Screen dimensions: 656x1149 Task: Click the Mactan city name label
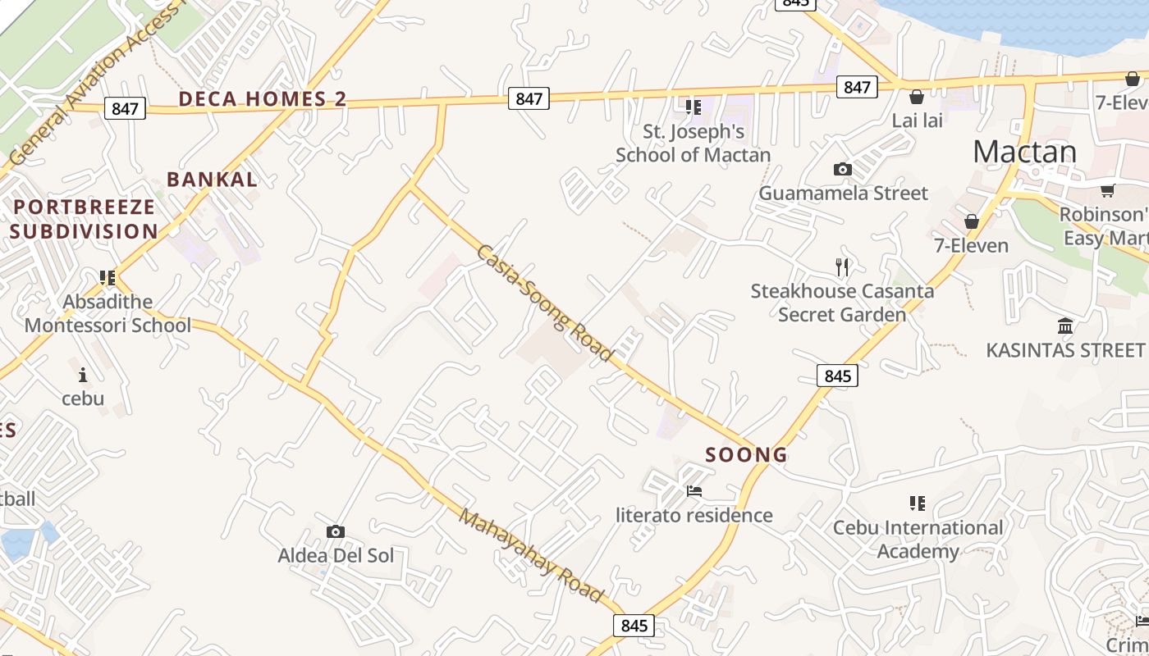click(1024, 153)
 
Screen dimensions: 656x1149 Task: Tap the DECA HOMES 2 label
click(263, 99)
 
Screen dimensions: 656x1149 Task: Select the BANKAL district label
click(212, 180)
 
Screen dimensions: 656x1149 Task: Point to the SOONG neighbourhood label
click(746, 455)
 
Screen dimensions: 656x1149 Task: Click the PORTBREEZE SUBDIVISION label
click(84, 219)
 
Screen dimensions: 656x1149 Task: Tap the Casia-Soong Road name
click(544, 303)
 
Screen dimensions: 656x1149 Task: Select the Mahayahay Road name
click(532, 556)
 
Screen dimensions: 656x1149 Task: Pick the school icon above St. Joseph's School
click(694, 107)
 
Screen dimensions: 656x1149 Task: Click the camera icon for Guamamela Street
click(842, 170)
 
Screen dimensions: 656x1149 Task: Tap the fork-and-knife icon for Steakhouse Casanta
click(841, 266)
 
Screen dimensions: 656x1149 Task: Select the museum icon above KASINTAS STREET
click(1065, 326)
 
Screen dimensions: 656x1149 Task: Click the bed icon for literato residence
click(694, 491)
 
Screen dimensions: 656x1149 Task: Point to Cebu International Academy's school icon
click(918, 503)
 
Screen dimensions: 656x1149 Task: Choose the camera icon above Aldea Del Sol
click(335, 531)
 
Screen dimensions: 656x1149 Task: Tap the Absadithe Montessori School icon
click(108, 278)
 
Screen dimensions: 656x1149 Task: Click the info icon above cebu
click(83, 375)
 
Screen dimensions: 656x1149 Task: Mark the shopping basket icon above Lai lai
click(917, 97)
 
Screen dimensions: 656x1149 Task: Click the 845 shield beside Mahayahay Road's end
click(634, 626)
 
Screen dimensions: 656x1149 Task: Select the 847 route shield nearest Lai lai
click(857, 87)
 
